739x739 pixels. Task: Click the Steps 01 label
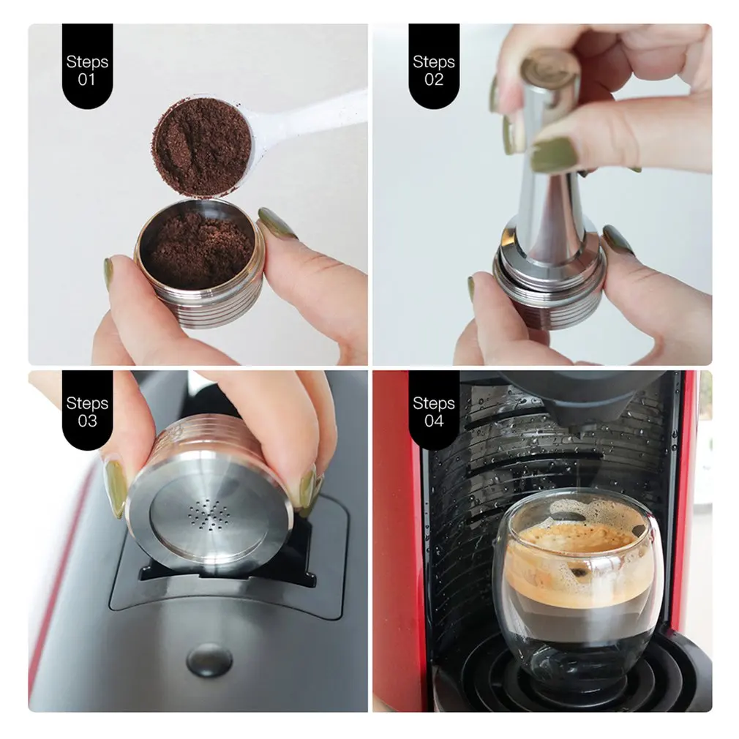87,70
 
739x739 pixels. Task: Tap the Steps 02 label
433,70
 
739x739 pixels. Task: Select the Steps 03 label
87,411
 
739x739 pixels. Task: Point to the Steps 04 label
433,411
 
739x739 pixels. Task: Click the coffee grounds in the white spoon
202,146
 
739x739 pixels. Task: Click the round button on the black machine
209,660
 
